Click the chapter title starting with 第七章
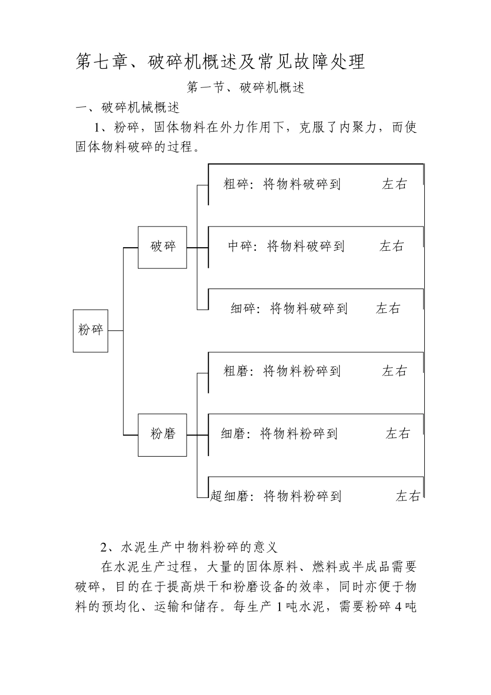221,62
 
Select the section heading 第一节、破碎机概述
246,88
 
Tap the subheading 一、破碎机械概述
128,108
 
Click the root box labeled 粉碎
90,330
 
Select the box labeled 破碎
162,247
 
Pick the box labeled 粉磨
162,434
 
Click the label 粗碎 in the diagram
236,184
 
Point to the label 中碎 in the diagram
240,247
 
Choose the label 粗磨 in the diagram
236,371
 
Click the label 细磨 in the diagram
233,434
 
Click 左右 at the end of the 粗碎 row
394,184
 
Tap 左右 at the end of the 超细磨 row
408,496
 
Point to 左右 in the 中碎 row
392,247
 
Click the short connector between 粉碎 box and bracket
115,330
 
